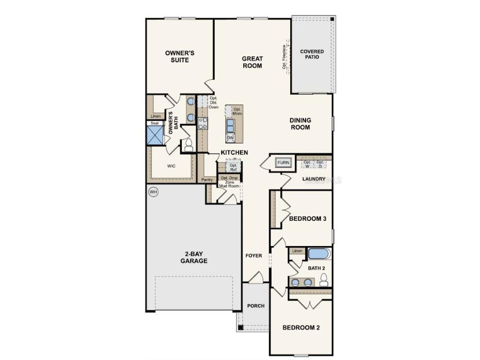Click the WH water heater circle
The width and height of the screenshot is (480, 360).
pyautogui.click(x=153, y=192)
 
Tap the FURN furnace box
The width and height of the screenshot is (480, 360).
pyautogui.click(x=283, y=163)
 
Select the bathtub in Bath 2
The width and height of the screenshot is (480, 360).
pyautogui.click(x=319, y=254)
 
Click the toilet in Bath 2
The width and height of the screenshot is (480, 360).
pyautogui.click(x=323, y=280)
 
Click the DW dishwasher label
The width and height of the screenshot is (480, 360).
pyautogui.click(x=230, y=138)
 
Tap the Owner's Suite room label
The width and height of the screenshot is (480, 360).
pyautogui.click(x=180, y=56)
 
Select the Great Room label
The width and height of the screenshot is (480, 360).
pyautogui.click(x=252, y=62)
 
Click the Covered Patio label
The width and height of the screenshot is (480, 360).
pyautogui.click(x=312, y=54)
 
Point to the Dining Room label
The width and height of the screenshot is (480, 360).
pyautogui.click(x=300, y=124)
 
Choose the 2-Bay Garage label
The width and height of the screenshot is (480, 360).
pyautogui.click(x=194, y=257)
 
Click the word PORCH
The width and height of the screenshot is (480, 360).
pyautogui.click(x=255, y=306)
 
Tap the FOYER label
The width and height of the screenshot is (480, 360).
pyautogui.click(x=254, y=255)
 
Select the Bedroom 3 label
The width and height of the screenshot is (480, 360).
pyautogui.click(x=307, y=219)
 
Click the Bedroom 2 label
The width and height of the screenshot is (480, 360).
pyautogui.click(x=301, y=328)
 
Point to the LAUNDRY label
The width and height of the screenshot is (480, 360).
pyautogui.click(x=314, y=179)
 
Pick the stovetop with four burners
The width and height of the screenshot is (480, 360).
pyautogui.click(x=203, y=123)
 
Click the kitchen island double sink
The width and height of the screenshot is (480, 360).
pyautogui.click(x=231, y=126)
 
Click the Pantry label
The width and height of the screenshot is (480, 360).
pyautogui.click(x=207, y=180)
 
